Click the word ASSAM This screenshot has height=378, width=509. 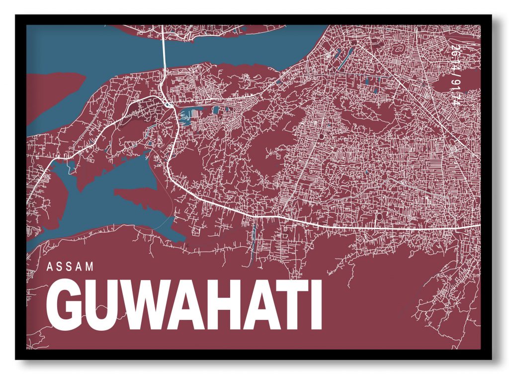(x=70, y=266)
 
